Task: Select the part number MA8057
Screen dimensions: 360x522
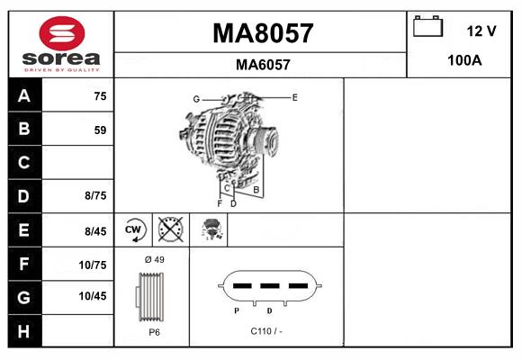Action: (262, 33)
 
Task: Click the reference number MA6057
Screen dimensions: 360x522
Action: (262, 64)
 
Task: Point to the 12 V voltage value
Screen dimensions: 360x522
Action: (481, 31)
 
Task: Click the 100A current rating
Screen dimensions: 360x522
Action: (464, 61)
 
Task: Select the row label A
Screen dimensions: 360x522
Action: (24, 96)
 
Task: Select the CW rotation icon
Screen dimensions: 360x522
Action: (134, 229)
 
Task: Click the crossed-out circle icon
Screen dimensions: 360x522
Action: (170, 229)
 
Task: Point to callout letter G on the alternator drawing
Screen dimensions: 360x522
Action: (195, 98)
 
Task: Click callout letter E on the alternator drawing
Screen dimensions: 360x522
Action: (294, 95)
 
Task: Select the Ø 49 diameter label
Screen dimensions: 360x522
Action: (154, 259)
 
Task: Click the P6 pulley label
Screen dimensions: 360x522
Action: (154, 332)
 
